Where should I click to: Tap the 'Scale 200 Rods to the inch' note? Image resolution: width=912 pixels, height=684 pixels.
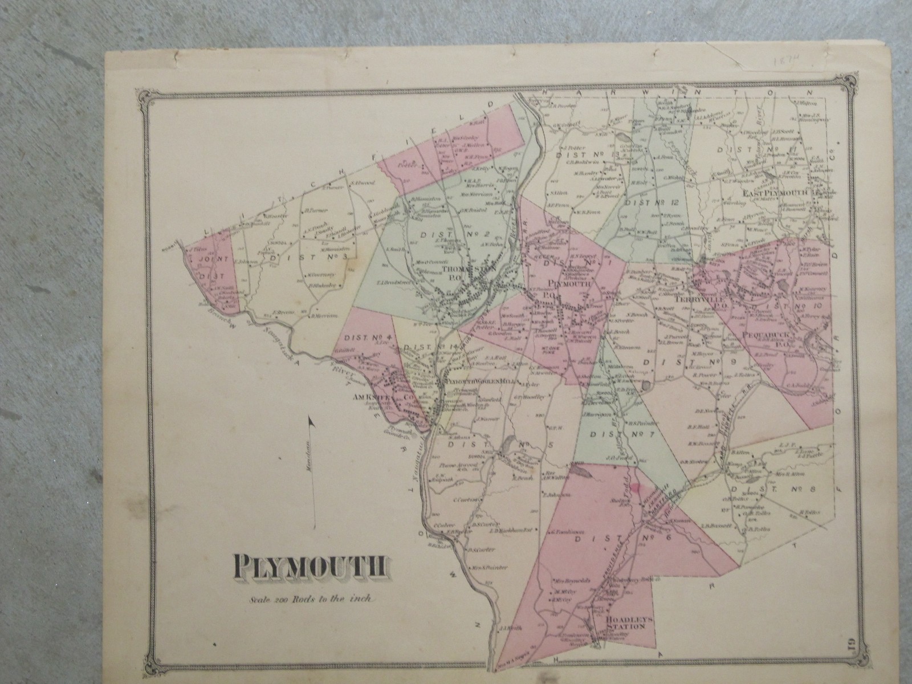point(311,598)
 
